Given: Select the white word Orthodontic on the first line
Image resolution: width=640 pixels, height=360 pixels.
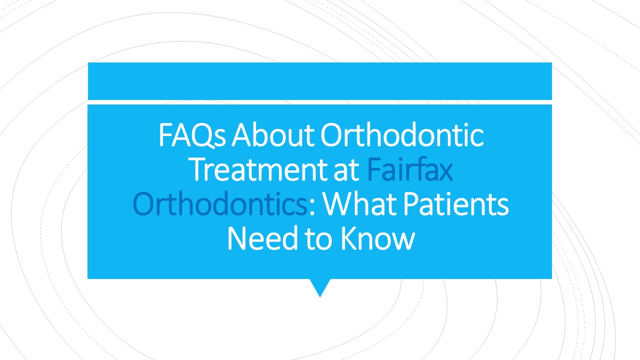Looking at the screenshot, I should (x=402, y=135).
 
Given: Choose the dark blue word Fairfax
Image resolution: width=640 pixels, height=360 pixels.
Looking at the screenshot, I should (x=410, y=170).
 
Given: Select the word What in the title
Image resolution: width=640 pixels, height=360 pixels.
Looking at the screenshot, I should (x=355, y=204).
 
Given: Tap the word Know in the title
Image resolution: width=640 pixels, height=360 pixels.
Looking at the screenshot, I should (x=377, y=239).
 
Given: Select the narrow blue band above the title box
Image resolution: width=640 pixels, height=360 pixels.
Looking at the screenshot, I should (x=319, y=81).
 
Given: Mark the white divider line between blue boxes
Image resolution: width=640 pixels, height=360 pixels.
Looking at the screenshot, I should (x=319, y=102).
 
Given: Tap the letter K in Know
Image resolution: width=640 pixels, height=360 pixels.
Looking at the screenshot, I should (x=349, y=239).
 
